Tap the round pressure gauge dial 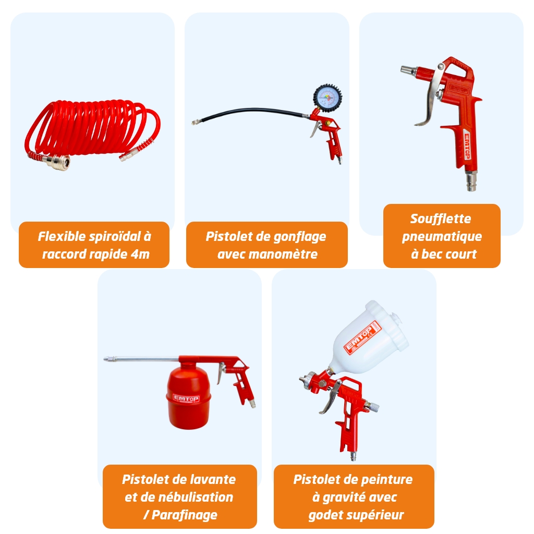click(x=327, y=98)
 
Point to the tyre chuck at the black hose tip click(x=196, y=122)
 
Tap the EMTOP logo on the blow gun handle click(x=468, y=146)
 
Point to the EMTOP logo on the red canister click(x=186, y=398)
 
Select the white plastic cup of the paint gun click(x=370, y=338)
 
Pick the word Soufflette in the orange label click(x=441, y=219)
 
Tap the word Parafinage click(x=184, y=515)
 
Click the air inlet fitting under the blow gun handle click(x=471, y=180)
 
